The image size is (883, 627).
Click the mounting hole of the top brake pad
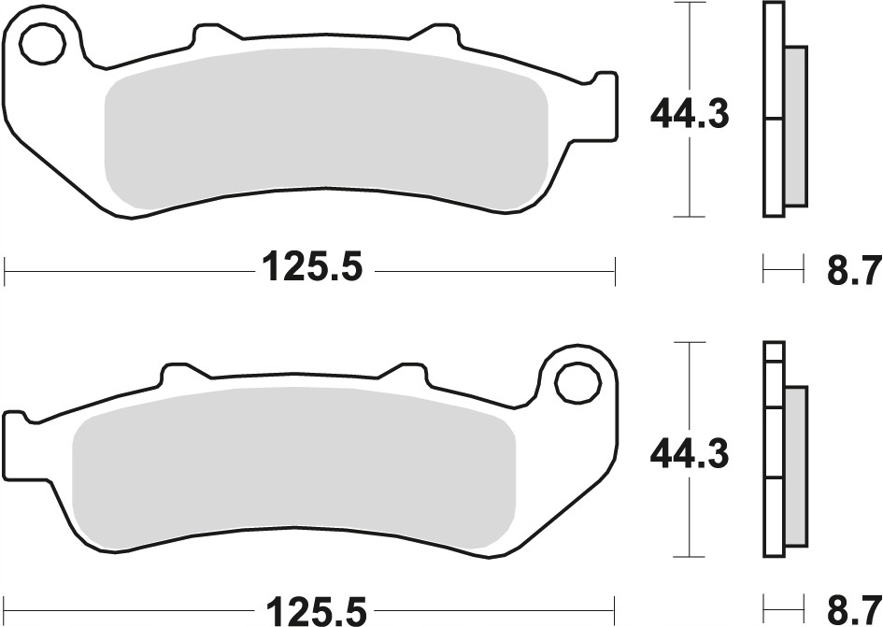43,43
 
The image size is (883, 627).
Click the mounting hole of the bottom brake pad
577,383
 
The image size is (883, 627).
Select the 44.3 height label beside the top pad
690,114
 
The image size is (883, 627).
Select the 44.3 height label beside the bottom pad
690,455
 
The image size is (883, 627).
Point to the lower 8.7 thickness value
852,611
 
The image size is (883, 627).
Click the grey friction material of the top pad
327,130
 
